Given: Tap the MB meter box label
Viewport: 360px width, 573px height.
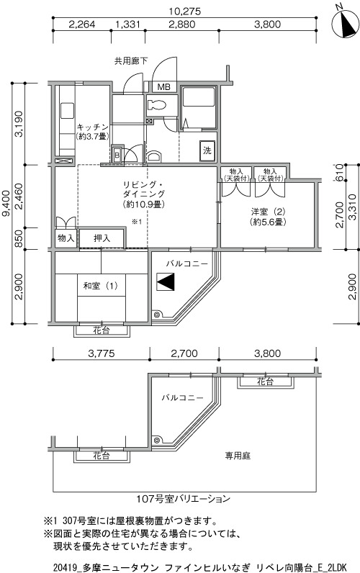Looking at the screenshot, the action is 163,87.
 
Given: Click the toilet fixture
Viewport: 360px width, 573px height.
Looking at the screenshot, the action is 156,105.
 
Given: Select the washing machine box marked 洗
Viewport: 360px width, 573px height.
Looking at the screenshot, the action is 207,150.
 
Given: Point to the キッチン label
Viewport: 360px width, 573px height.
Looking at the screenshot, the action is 92,127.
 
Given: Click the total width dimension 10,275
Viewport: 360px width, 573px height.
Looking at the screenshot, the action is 184,12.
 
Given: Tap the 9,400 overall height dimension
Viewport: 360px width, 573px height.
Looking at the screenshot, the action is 6,203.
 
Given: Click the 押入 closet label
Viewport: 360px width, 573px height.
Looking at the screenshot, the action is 102,238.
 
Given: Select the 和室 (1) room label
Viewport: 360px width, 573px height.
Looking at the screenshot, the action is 101,285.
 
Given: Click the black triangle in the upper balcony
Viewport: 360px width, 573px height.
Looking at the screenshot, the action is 165,281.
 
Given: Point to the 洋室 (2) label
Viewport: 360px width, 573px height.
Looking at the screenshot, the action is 268,212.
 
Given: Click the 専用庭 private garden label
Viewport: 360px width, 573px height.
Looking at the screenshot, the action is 238,456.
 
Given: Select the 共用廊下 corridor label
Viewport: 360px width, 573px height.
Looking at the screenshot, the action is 131,61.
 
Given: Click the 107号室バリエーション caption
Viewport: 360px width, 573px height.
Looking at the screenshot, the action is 183,499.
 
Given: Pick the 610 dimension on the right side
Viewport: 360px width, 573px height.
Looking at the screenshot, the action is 339,173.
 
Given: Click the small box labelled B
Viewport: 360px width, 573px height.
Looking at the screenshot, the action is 117,155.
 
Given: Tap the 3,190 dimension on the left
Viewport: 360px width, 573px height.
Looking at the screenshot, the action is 19,124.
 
